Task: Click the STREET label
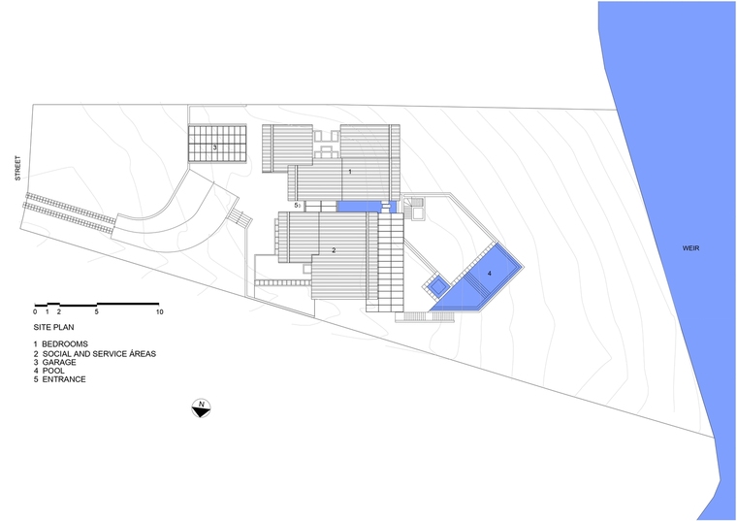click(17, 168)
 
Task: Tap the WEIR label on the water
click(690, 247)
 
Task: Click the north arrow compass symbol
click(201, 408)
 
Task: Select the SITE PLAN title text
click(53, 327)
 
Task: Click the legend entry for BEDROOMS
click(61, 344)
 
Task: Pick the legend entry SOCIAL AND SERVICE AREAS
click(94, 353)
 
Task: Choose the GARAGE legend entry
click(54, 362)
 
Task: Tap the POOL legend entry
click(48, 371)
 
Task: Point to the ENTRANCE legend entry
click(60, 379)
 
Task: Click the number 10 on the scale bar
click(159, 311)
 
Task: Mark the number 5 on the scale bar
click(96, 311)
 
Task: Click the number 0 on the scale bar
click(35, 311)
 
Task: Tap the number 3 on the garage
click(215, 147)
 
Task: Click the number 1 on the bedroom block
click(350, 172)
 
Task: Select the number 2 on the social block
click(334, 250)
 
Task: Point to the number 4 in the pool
click(490, 274)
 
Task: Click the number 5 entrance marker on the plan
click(296, 205)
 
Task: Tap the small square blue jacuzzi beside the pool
click(438, 285)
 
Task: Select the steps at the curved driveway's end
click(240, 218)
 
